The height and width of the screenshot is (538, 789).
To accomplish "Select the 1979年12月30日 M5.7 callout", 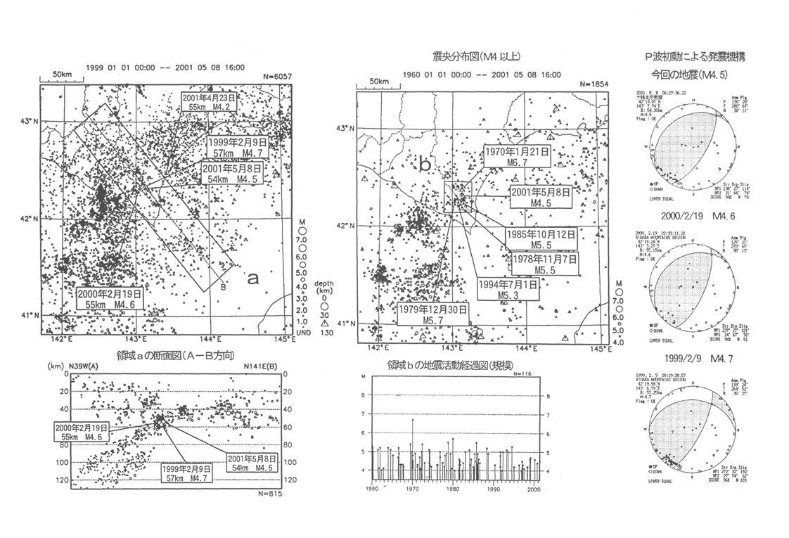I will pos(432,314).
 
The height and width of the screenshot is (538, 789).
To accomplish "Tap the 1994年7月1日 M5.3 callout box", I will pos(508,289).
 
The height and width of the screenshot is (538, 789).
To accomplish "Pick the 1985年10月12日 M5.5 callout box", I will pos(540,240).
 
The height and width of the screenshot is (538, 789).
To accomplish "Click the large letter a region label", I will pos(253,278).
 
